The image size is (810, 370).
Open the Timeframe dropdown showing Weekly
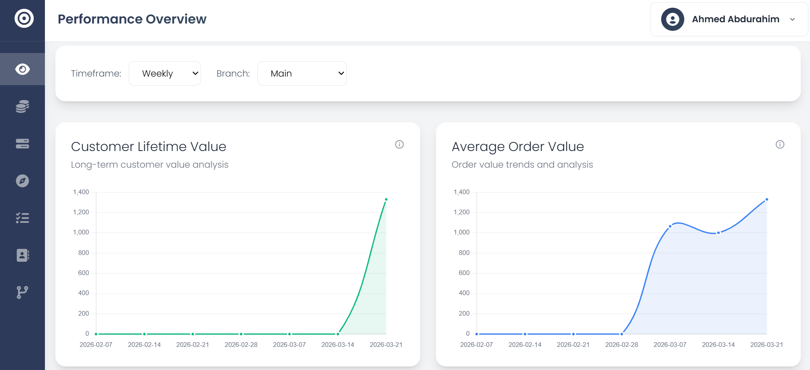(x=165, y=74)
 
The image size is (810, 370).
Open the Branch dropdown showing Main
(x=302, y=74)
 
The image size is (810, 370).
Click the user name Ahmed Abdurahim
(x=735, y=19)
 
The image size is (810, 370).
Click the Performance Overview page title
(x=132, y=19)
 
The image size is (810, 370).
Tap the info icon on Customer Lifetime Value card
(x=399, y=145)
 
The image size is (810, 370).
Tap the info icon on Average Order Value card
(x=780, y=145)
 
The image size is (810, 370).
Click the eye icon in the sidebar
(x=22, y=69)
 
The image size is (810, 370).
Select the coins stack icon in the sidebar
(x=22, y=107)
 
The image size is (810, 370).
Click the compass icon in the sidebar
(x=22, y=181)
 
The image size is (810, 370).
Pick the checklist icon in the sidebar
(x=22, y=218)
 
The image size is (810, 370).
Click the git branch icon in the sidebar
(x=22, y=293)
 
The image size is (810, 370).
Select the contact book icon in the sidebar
(x=22, y=255)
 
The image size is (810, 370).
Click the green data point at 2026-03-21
(x=386, y=199)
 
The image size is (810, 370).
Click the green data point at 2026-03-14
(x=338, y=334)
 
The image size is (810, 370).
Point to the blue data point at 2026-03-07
(x=670, y=226)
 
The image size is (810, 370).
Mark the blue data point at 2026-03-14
(x=718, y=233)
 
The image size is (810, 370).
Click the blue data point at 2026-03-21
(x=767, y=199)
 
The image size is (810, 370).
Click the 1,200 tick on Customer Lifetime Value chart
(x=81, y=212)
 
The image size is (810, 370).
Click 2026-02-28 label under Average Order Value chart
(x=621, y=345)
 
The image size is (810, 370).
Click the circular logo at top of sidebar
(x=24, y=18)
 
